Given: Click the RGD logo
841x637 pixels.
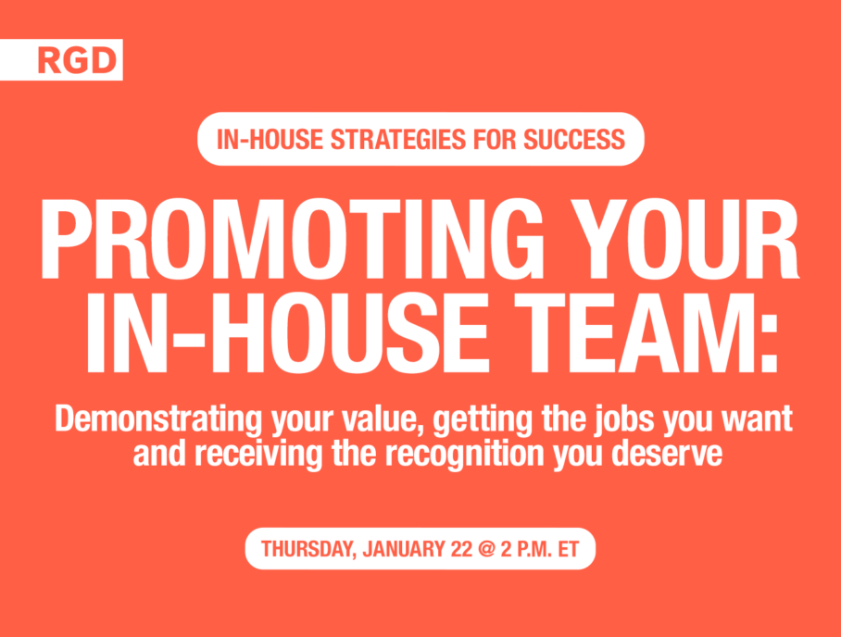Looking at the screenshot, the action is click(77, 60).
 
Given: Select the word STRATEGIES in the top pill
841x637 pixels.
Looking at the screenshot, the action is click(398, 139).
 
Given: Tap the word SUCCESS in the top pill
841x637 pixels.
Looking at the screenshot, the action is click(574, 139).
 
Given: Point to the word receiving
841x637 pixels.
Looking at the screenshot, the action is click(259, 454).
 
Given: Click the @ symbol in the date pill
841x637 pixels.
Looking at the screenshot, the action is click(487, 550).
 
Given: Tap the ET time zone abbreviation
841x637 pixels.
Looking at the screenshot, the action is click(569, 550).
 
